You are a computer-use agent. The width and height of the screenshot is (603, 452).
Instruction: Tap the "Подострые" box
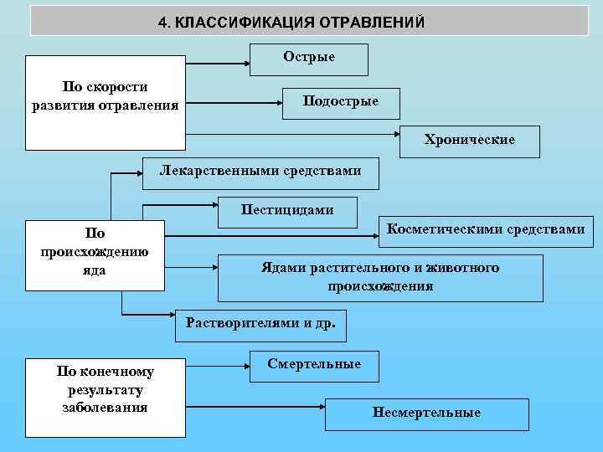point(341,101)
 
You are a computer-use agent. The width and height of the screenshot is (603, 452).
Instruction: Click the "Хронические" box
point(469,141)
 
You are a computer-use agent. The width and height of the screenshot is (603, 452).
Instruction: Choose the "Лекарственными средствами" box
point(261,172)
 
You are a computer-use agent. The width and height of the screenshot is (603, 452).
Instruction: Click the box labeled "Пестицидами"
point(287,211)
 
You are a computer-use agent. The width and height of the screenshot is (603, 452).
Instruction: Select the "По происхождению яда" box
point(95,254)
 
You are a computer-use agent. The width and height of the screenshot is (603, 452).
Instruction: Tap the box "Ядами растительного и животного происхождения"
point(379,277)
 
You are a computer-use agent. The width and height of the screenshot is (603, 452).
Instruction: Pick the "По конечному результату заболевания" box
point(106,398)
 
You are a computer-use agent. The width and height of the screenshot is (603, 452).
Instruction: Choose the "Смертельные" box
point(314,365)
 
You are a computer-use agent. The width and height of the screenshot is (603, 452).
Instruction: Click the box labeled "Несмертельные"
point(439,413)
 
